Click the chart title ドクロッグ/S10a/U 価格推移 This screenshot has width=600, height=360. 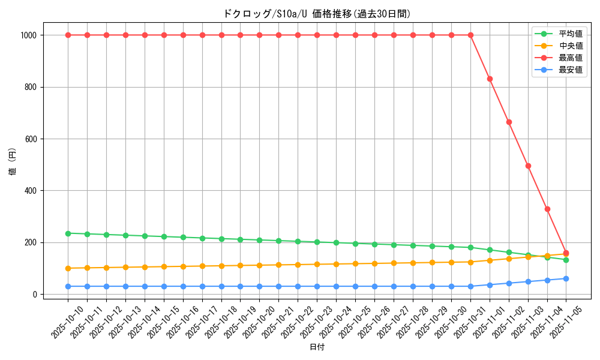tap(317, 14)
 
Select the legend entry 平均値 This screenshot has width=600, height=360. tap(570, 34)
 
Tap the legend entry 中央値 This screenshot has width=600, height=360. tap(570, 46)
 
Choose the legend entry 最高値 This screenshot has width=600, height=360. tap(570, 58)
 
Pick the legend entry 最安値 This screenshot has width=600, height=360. tap(570, 70)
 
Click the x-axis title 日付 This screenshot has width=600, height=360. tap(317, 347)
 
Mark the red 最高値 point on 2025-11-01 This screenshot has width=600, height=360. tap(490, 79)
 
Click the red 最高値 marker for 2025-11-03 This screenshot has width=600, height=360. tap(528, 166)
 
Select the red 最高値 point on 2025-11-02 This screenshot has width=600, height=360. tap(509, 122)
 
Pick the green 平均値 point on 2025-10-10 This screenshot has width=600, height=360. tap(68, 233)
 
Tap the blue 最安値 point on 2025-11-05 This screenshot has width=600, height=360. tap(566, 278)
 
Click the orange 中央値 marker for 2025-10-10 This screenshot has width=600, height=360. tap(68, 268)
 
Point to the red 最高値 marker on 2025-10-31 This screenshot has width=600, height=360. tap(470, 35)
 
